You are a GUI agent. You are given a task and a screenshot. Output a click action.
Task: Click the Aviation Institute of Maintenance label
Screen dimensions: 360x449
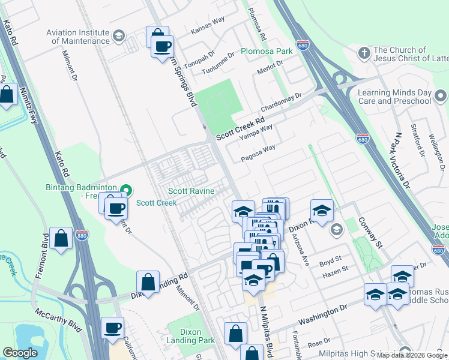(x=80, y=37)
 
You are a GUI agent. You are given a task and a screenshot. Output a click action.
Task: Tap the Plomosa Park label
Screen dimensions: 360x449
(x=267, y=51)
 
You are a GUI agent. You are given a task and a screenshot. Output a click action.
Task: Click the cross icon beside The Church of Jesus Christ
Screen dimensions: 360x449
(x=363, y=54)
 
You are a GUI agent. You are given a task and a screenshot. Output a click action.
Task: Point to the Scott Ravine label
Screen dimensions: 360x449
(x=190, y=191)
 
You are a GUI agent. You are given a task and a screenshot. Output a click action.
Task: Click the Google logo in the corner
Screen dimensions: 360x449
(x=20, y=353)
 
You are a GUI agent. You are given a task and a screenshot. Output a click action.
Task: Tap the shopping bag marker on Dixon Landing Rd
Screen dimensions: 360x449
(x=148, y=281)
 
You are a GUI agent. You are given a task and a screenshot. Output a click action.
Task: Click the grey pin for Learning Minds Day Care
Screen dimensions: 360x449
(x=441, y=96)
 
